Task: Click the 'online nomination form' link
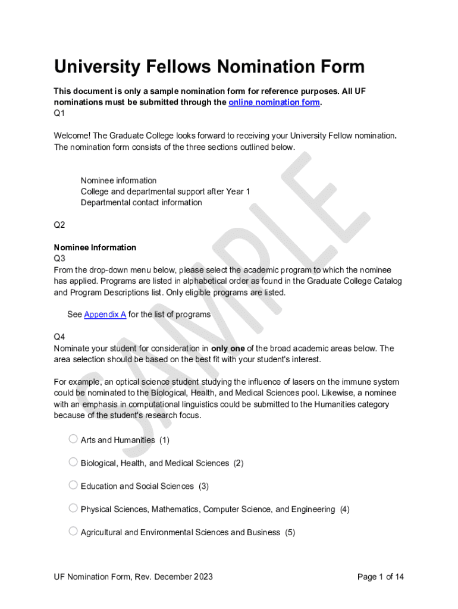[274, 102]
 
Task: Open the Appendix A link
[105, 315]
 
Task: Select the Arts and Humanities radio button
[73, 439]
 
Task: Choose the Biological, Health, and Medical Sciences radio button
[73, 462]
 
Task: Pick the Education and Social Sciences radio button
[73, 485]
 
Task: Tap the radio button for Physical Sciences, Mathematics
[73, 508]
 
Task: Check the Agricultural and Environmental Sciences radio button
[73, 531]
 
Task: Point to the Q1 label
[59, 113]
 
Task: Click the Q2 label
[59, 225]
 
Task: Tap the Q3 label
[59, 259]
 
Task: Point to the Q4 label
[59, 337]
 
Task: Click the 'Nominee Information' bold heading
[95, 247]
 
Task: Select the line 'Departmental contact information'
[141, 203]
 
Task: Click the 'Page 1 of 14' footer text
[381, 577]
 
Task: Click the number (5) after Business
[290, 532]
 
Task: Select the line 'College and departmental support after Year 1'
[165, 192]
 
